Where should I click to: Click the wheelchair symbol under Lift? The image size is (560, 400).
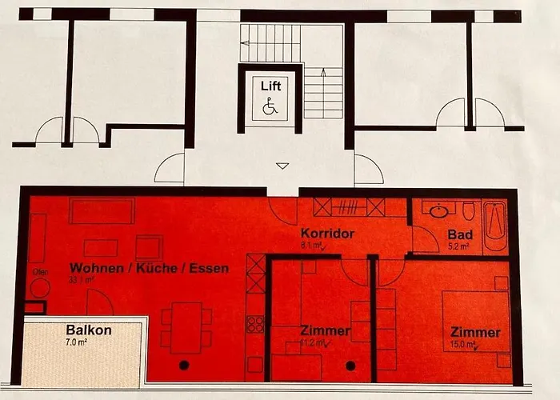[x=270, y=106]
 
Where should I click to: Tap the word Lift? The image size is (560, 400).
[x=270, y=86]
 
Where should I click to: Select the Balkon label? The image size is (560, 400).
[x=88, y=330]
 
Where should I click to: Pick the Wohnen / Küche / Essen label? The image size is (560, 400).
[x=149, y=268]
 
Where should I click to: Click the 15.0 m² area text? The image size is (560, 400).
[x=463, y=346]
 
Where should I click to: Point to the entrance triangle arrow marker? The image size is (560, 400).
[x=282, y=166]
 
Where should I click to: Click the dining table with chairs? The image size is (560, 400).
[x=186, y=326]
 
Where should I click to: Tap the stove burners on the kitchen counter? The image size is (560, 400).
[x=254, y=324]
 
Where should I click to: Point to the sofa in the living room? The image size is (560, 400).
[x=102, y=211]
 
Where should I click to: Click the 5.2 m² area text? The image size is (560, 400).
[x=459, y=247]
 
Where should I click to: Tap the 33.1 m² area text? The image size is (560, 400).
[x=82, y=281]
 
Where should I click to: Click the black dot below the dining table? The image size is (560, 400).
[x=185, y=366]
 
